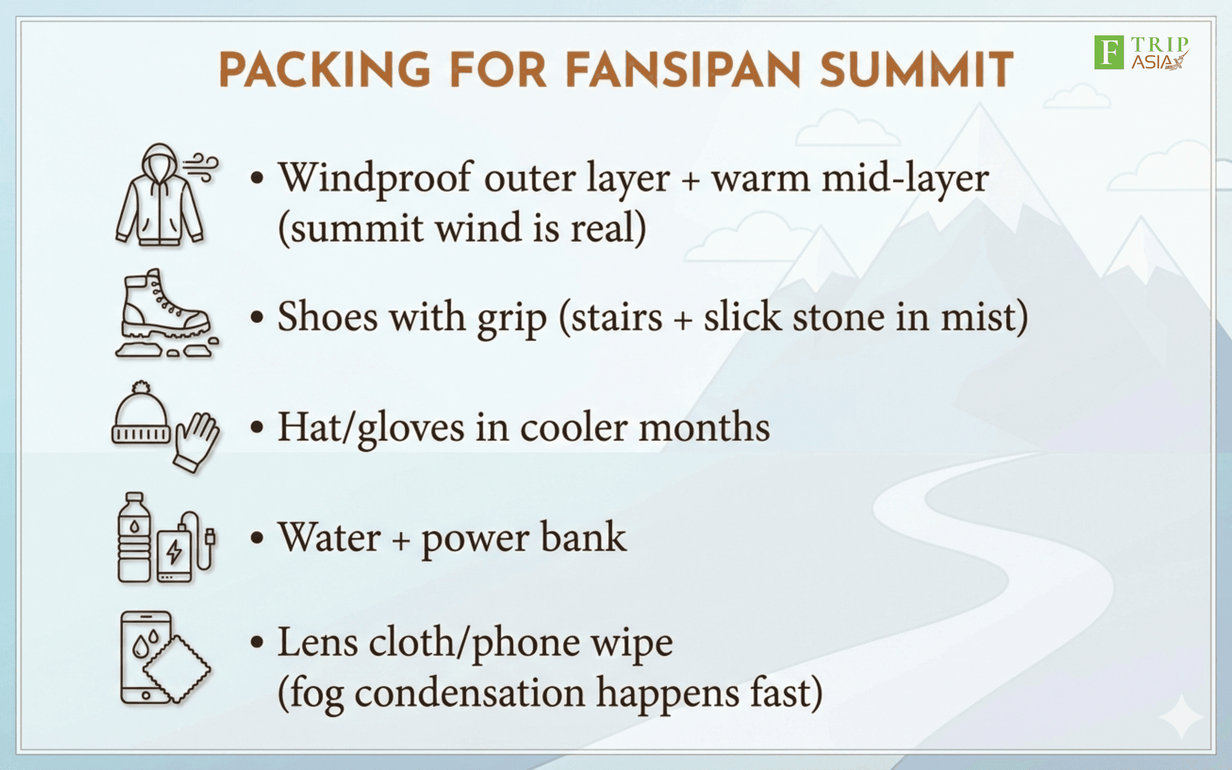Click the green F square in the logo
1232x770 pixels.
(x=1109, y=52)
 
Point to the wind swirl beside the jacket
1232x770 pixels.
(x=201, y=167)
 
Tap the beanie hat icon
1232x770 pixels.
(x=141, y=412)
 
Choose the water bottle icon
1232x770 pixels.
(x=134, y=537)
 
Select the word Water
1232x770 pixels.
(x=329, y=537)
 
